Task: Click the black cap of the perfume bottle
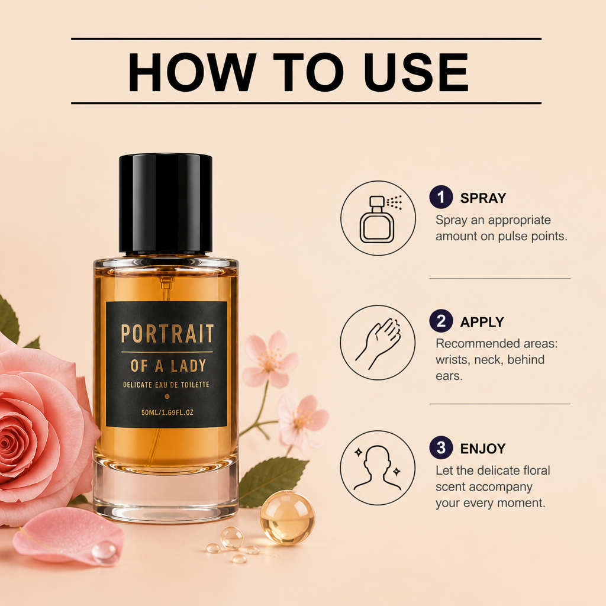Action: click(x=166, y=204)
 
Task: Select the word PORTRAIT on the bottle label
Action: click(x=167, y=334)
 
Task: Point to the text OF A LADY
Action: click(x=168, y=366)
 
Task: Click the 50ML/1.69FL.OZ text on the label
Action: click(x=167, y=412)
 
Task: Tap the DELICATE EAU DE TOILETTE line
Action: click(x=166, y=385)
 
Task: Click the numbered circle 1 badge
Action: click(x=441, y=197)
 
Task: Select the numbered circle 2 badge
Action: click(x=441, y=321)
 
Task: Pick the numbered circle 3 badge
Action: click(x=441, y=447)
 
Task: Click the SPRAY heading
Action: click(x=483, y=198)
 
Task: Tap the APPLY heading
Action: click(x=482, y=322)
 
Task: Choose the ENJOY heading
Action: click(x=483, y=449)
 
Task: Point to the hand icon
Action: click(x=378, y=343)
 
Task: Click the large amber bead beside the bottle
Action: click(x=288, y=517)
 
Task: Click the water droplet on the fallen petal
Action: click(x=104, y=552)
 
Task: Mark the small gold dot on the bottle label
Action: click(x=167, y=396)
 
